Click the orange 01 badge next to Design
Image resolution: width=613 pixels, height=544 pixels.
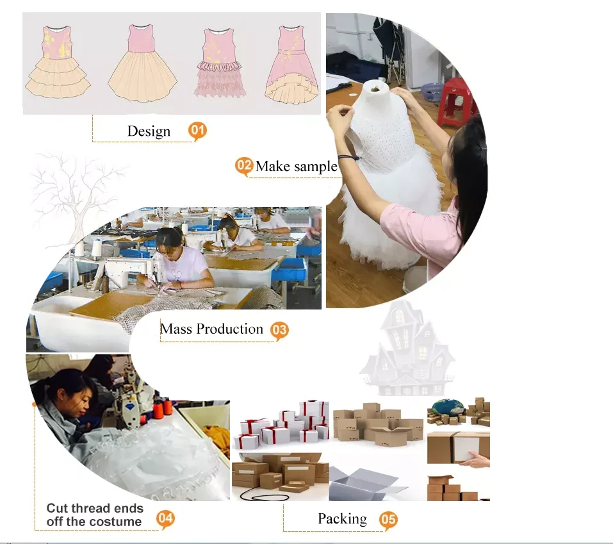pyautogui.click(x=197, y=131)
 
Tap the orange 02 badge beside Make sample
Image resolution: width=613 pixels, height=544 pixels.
pyautogui.click(x=244, y=166)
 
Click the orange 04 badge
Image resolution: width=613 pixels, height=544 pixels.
pyautogui.click(x=165, y=518)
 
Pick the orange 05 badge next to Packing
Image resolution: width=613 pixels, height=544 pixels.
pyautogui.click(x=388, y=520)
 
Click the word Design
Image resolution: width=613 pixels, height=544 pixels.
pyautogui.click(x=149, y=131)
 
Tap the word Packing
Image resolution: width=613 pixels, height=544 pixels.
pyautogui.click(x=342, y=518)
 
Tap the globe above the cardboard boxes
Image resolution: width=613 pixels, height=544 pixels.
pyautogui.click(x=447, y=408)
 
